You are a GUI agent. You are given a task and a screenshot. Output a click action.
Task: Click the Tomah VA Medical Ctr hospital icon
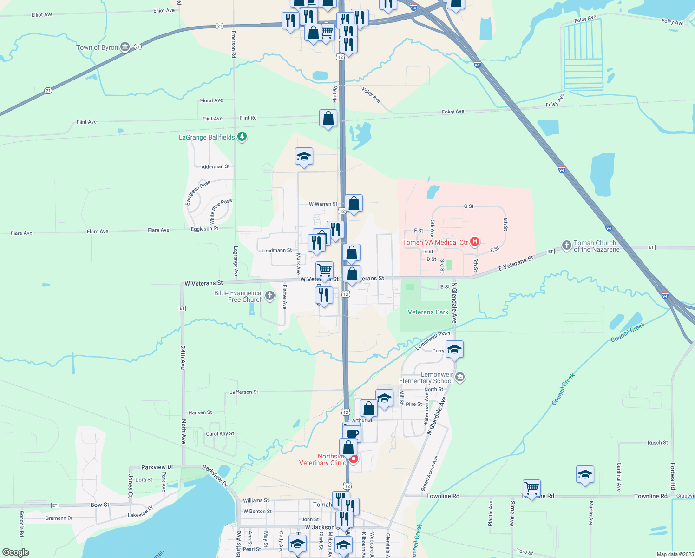pyautogui.click(x=475, y=241)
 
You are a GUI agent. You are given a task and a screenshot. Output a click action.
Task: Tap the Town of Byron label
pyautogui.click(x=97, y=47)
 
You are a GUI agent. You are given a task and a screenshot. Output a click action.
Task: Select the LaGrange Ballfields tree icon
pyautogui.click(x=242, y=137)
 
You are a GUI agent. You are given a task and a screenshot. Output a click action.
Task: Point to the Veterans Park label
pyautogui.click(x=428, y=312)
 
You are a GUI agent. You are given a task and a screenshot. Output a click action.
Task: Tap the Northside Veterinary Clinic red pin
pyautogui.click(x=354, y=459)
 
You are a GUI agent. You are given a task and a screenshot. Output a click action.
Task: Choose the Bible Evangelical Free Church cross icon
pyautogui.click(x=270, y=296)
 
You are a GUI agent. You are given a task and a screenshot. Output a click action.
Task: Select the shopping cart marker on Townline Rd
pyautogui.click(x=531, y=488)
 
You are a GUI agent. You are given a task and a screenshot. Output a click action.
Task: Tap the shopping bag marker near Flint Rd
pyautogui.click(x=328, y=119)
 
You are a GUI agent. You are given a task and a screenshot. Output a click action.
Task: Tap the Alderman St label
pyautogui.click(x=216, y=166)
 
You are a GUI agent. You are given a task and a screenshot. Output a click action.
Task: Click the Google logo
pyautogui.click(x=16, y=552)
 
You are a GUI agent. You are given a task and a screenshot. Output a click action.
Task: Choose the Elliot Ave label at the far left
pyautogui.click(x=42, y=15)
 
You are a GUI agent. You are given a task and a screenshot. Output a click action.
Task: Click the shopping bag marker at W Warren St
pyautogui.click(x=354, y=204)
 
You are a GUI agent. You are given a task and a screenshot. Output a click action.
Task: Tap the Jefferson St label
pyautogui.click(x=244, y=392)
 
